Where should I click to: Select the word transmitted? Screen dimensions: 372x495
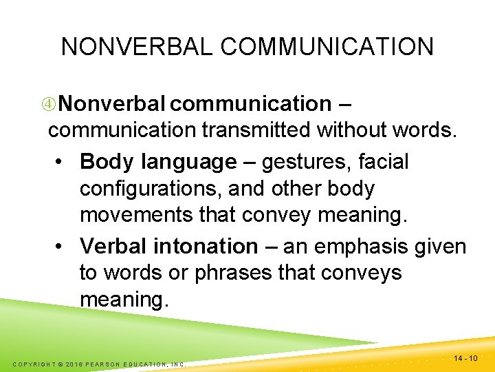tap(250, 130)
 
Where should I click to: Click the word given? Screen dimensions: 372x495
tap(440, 246)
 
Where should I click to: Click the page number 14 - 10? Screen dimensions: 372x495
tap(467, 358)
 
